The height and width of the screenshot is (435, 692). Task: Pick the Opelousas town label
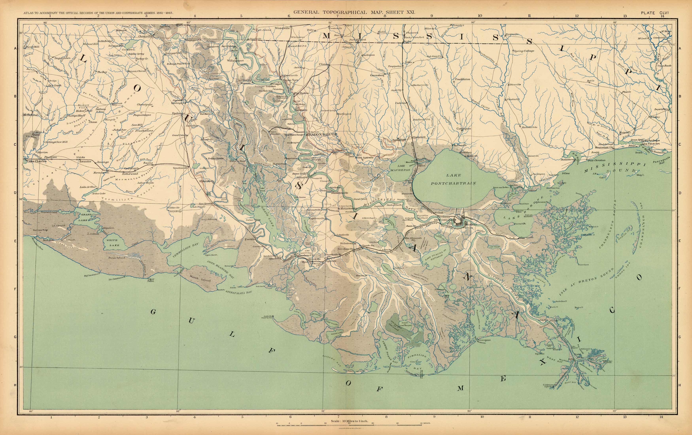point(179,113)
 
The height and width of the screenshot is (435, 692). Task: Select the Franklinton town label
point(462,79)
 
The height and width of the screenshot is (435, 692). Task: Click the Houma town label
point(360,275)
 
